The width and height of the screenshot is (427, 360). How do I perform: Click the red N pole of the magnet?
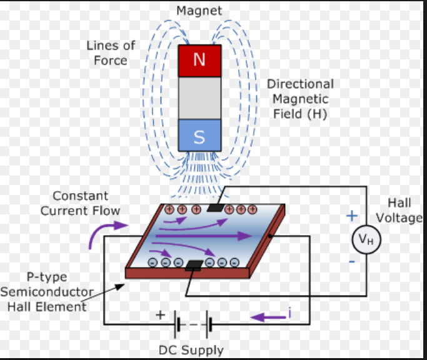(x=199, y=61)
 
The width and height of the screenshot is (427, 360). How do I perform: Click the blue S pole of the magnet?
(x=199, y=135)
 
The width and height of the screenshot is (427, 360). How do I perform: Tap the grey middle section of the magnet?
(x=199, y=98)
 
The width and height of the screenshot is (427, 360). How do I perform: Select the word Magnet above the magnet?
(x=199, y=11)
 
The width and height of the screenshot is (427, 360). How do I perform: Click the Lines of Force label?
(x=111, y=53)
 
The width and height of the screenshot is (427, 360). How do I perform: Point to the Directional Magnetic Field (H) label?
(x=300, y=99)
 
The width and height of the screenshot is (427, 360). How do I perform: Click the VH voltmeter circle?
(x=366, y=239)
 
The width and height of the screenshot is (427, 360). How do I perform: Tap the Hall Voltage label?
(x=399, y=210)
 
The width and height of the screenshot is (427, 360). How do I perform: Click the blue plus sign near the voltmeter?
(x=352, y=216)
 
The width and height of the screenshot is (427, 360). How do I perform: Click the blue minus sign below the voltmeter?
(x=352, y=262)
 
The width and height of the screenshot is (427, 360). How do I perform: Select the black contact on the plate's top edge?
(x=216, y=207)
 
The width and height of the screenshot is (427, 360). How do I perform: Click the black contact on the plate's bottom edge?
(x=194, y=265)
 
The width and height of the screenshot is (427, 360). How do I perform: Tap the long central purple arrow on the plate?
(x=204, y=236)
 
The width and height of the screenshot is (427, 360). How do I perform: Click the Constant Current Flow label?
(x=80, y=203)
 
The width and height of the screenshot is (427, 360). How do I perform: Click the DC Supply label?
(x=191, y=350)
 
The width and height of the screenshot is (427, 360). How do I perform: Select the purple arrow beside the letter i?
(x=268, y=317)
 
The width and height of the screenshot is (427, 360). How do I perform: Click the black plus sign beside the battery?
(x=161, y=315)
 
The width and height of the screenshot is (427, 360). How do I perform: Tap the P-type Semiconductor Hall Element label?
(x=47, y=292)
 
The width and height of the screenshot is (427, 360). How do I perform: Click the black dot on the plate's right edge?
(x=270, y=236)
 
